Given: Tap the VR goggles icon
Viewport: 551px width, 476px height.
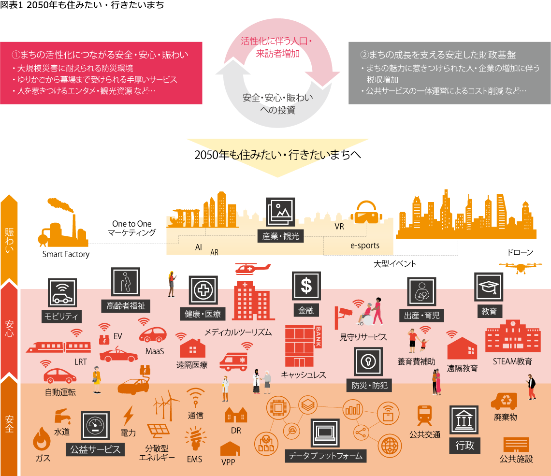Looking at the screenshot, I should tap(367, 214).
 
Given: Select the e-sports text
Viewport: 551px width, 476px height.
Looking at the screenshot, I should tap(365, 245).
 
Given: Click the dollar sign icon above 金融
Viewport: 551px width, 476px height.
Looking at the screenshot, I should tap(306, 286).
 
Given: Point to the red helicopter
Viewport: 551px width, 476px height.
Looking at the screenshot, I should tap(252, 268).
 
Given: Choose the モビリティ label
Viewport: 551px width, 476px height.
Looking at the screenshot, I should tap(62, 317).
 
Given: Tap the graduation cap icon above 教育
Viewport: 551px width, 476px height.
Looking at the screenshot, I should tap(489, 287).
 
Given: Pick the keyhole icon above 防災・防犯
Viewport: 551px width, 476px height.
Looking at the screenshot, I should tap(369, 361).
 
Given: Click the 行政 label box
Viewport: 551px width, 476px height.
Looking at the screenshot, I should tap(465, 445).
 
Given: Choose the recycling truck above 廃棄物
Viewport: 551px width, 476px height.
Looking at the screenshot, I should tap(504, 401).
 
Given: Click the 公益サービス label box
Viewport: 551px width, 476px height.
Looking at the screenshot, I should tap(95, 449).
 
